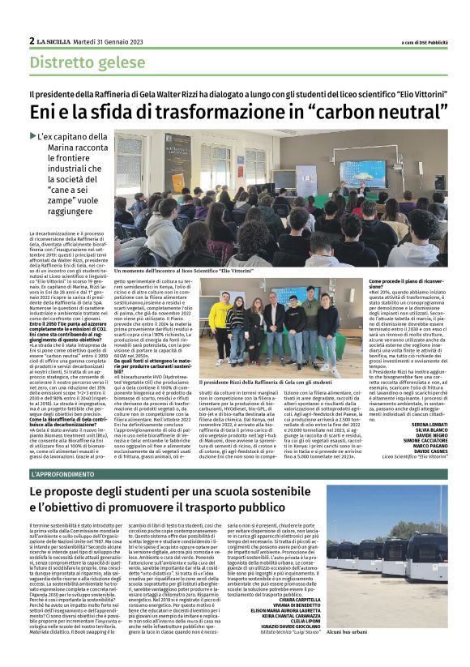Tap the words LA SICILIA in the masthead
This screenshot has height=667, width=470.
(x=53, y=41)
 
